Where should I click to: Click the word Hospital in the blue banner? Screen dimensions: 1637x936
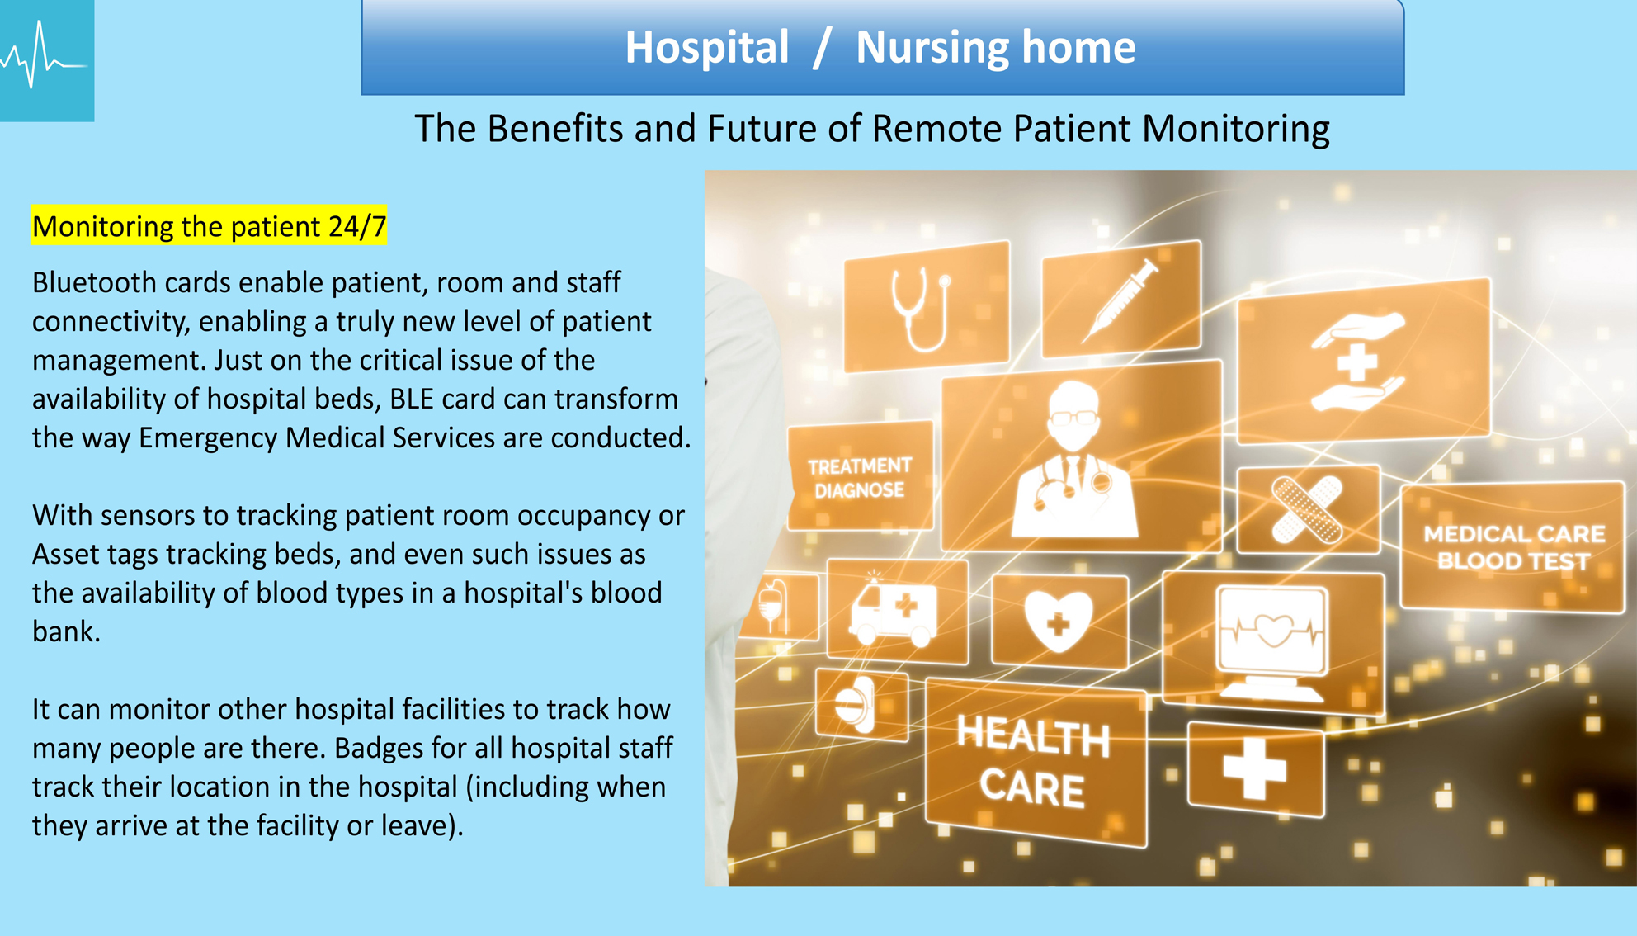pyautogui.click(x=706, y=47)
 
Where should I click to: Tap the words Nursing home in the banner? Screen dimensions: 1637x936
pyautogui.click(x=995, y=47)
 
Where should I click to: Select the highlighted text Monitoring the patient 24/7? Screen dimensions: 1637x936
pyautogui.click(x=209, y=226)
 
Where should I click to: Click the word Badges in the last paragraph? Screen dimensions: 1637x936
pyautogui.click(x=377, y=749)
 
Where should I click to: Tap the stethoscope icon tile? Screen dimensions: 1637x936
pyautogui.click(x=926, y=306)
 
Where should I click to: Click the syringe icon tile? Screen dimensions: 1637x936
pyautogui.click(x=1121, y=299)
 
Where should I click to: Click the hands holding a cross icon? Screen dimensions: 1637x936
pyautogui.click(x=1358, y=361)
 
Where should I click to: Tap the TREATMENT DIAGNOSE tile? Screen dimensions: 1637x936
pyautogui.click(x=860, y=476)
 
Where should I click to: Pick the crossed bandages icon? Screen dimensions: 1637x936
pyautogui.click(x=1308, y=509)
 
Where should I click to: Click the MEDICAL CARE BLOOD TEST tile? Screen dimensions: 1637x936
pyautogui.click(x=1513, y=546)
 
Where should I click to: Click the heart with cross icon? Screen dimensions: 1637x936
pyautogui.click(x=1059, y=621)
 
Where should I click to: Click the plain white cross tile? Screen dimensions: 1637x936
pyautogui.click(x=1256, y=768)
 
